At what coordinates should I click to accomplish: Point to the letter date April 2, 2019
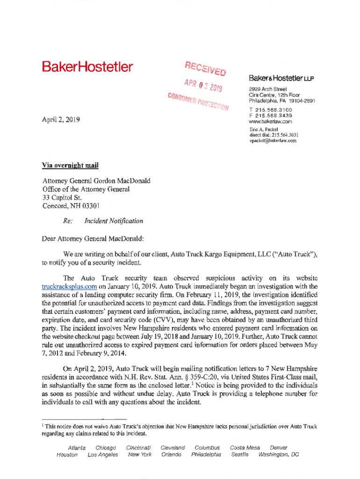(61, 119)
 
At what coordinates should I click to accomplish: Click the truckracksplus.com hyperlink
(70, 286)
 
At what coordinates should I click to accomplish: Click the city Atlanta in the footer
(77, 448)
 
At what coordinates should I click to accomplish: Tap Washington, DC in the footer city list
(278, 455)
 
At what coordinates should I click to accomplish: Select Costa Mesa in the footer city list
(245, 448)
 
